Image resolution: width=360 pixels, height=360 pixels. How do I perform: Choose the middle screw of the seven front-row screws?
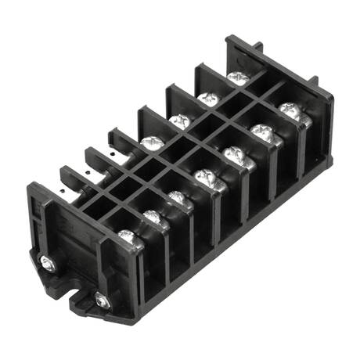(x=206, y=177)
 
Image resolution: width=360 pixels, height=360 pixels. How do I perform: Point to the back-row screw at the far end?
(x=238, y=77)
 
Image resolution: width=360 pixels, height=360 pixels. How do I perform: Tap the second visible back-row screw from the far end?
(x=208, y=99)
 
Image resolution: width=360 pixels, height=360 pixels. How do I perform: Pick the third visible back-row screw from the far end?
(x=179, y=121)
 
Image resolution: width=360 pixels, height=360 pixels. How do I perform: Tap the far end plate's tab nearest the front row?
(x=313, y=81)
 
